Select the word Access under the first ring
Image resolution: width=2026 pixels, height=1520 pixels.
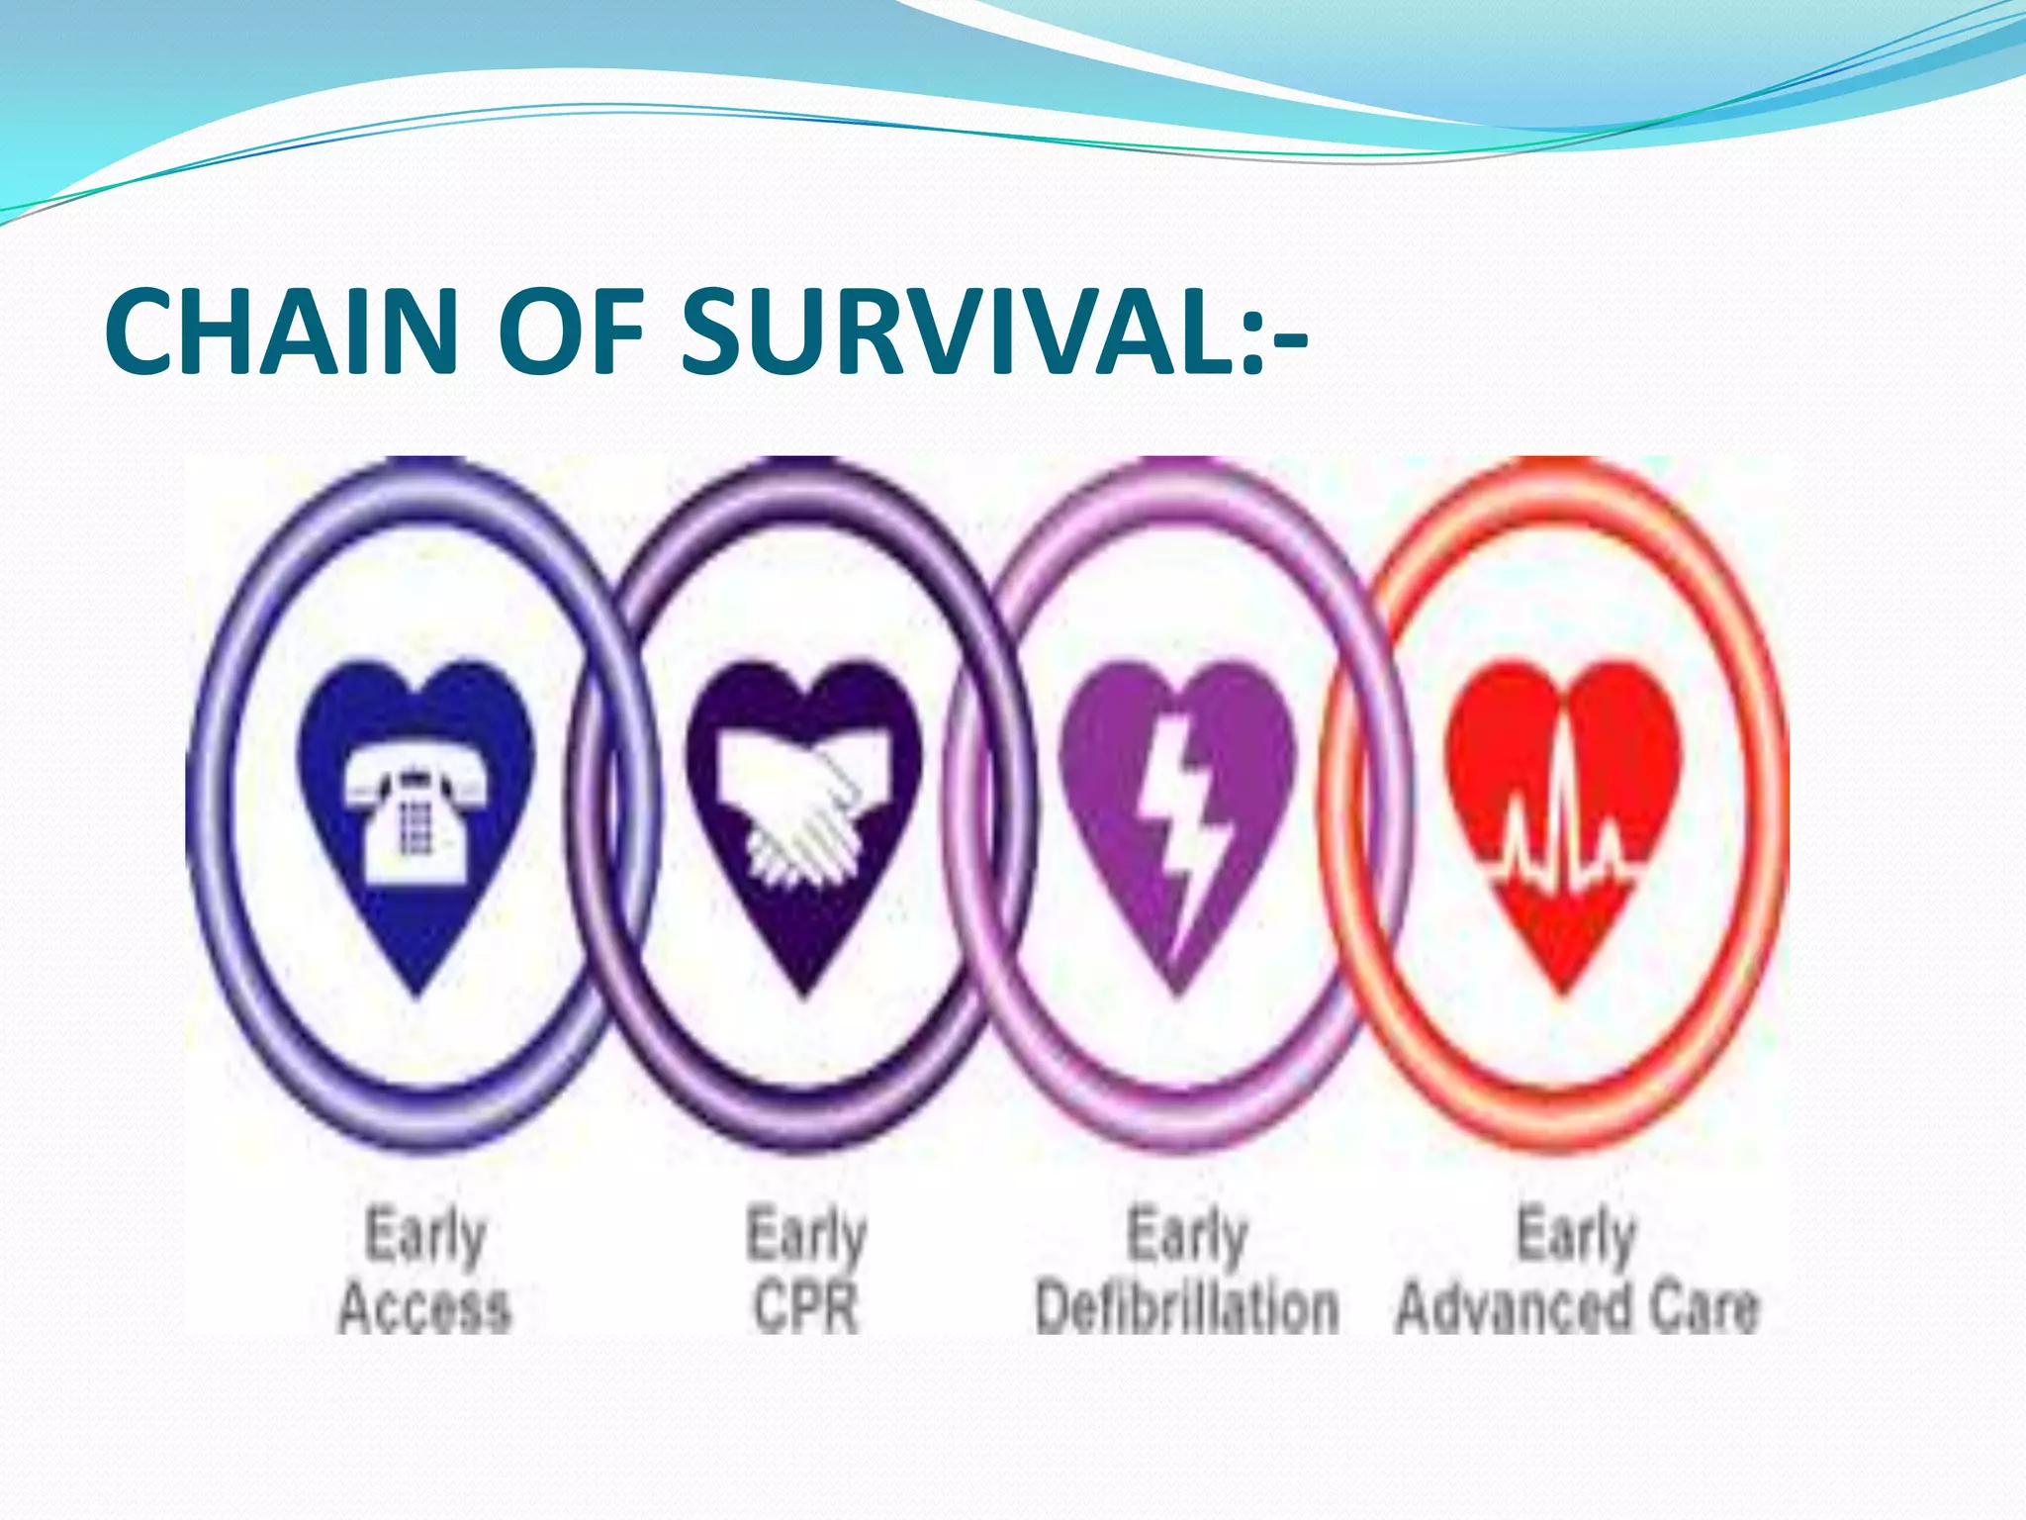pos(424,1308)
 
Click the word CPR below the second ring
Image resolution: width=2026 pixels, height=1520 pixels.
pos(805,1308)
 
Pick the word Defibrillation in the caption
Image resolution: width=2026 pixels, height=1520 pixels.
pos(1186,1308)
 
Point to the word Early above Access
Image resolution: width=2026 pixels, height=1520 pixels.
pos(425,1235)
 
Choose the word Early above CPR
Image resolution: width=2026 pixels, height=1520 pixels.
pos(806,1235)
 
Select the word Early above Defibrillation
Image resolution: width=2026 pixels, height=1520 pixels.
pos(1187,1235)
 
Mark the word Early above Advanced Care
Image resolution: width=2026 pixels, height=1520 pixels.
pos(1577,1235)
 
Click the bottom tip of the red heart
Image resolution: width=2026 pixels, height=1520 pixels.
pos(1563,990)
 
